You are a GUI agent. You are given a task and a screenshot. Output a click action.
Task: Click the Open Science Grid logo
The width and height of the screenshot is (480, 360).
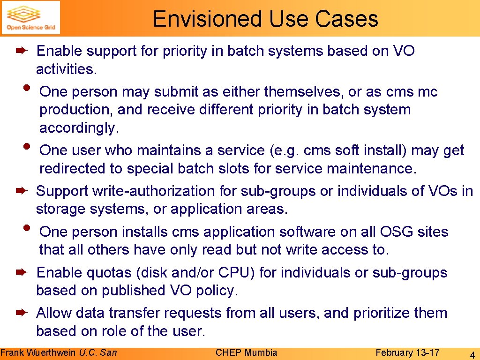30,18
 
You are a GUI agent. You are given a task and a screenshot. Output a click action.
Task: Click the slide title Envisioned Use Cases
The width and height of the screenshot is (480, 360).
265,19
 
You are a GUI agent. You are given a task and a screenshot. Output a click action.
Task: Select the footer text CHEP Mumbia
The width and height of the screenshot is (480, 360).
246,352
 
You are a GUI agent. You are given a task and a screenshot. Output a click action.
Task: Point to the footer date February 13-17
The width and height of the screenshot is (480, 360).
407,352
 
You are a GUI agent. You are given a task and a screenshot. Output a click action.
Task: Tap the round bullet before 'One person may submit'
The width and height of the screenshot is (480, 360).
27,87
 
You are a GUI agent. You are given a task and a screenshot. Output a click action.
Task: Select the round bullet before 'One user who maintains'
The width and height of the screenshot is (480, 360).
27,146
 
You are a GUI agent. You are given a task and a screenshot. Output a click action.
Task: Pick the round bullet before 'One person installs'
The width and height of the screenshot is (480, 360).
27,227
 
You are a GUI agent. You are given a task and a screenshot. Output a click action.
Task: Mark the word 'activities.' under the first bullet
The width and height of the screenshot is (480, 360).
67,69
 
